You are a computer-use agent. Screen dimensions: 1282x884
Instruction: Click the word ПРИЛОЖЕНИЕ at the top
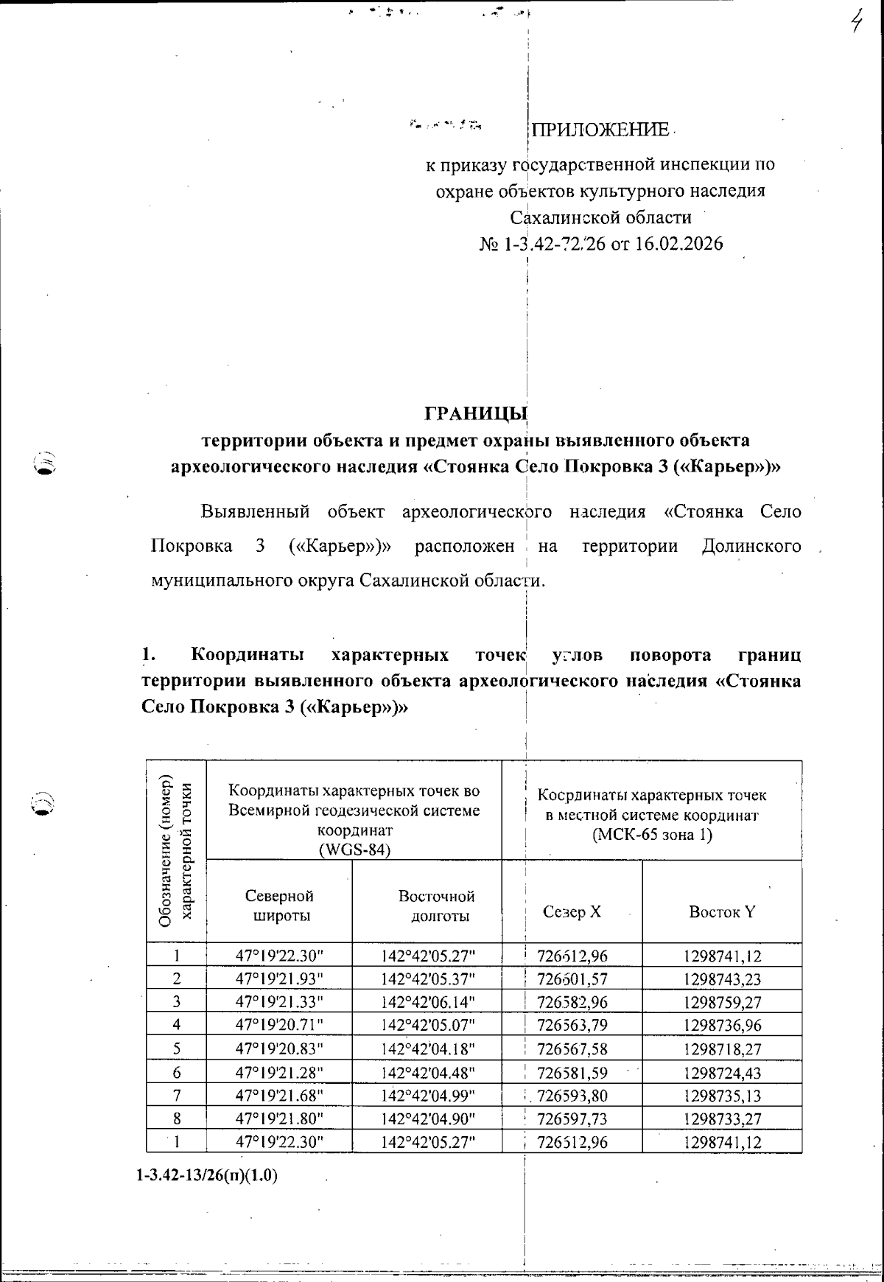point(600,130)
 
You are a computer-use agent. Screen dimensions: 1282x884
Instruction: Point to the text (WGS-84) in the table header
point(354,850)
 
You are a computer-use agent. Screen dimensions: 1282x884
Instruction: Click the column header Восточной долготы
point(437,906)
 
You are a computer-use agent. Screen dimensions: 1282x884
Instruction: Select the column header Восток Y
point(722,912)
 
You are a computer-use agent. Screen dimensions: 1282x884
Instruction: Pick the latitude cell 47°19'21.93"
point(279,979)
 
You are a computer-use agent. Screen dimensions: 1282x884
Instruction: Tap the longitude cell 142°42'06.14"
point(428,1002)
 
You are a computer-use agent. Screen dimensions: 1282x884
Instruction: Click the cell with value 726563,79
point(572,1025)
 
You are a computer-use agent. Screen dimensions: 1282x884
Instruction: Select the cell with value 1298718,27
point(722,1048)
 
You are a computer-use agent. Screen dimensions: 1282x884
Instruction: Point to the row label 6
point(177,1072)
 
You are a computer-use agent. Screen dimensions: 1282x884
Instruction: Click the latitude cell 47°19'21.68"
point(279,1096)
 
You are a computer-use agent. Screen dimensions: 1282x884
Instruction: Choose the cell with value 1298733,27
point(722,1118)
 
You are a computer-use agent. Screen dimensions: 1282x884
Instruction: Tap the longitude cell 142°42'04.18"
point(428,1048)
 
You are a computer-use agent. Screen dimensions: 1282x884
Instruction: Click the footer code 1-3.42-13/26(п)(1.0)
point(207,1175)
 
